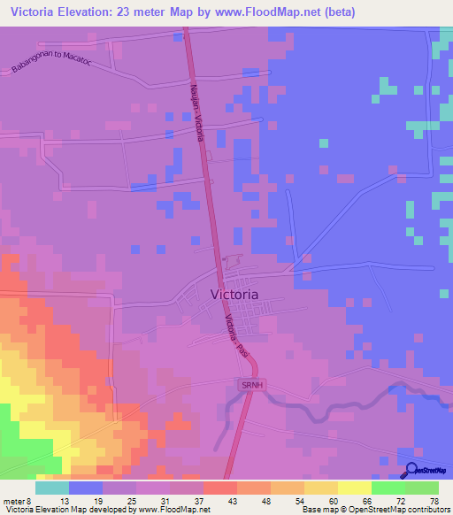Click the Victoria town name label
(x=234, y=294)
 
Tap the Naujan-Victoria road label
(x=196, y=110)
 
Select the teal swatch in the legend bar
(x=52, y=488)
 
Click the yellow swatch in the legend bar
(x=354, y=488)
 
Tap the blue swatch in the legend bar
(x=86, y=488)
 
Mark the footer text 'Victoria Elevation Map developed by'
(x=62, y=510)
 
